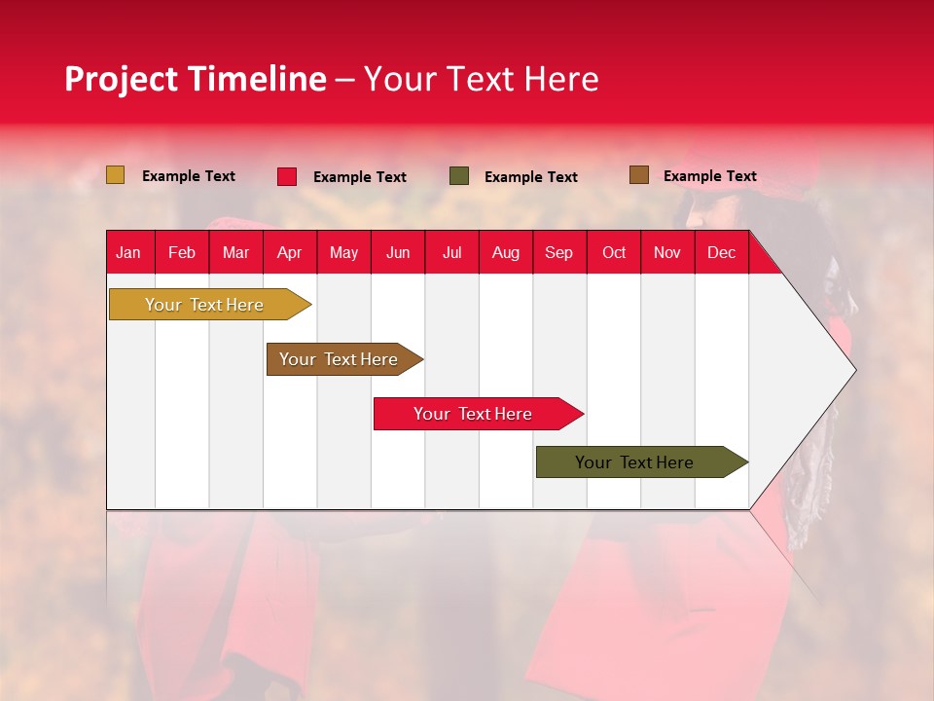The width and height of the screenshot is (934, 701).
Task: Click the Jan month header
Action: [128, 252]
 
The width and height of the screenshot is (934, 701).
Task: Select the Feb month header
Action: [182, 252]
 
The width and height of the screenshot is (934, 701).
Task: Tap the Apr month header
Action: [289, 252]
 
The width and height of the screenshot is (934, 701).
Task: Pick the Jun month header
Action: [398, 252]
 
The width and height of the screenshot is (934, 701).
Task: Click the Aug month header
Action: [505, 252]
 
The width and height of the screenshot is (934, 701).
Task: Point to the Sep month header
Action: [558, 252]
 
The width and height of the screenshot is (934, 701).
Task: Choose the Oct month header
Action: [614, 252]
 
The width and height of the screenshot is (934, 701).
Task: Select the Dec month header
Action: [721, 252]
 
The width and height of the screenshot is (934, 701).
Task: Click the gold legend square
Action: [116, 175]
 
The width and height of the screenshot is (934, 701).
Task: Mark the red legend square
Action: [287, 176]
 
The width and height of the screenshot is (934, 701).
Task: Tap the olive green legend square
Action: [459, 176]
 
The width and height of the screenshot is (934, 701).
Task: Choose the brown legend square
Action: [639, 175]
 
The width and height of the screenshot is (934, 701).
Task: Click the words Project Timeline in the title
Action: [195, 79]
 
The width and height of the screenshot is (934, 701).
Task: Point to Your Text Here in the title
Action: [481, 79]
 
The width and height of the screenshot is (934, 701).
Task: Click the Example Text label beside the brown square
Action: [709, 176]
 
